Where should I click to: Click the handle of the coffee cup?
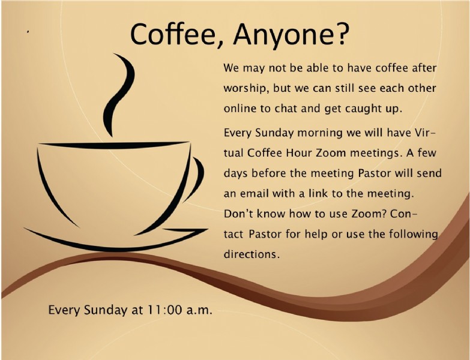click(196, 179)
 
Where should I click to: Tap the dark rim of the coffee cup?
click(114, 145)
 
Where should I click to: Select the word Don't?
click(236, 214)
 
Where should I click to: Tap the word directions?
click(252, 254)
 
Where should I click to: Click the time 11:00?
click(164, 310)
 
